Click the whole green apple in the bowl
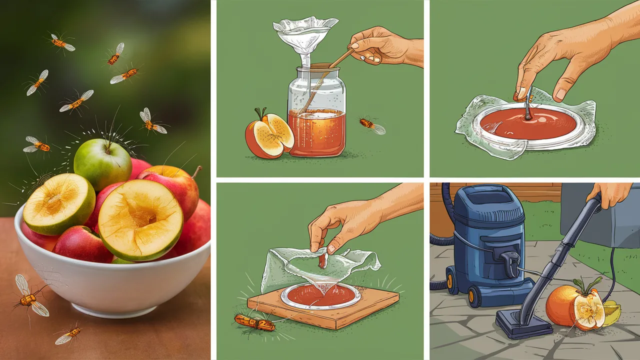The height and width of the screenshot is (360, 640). coord(102,164)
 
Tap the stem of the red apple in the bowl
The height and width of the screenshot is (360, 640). coord(196,172)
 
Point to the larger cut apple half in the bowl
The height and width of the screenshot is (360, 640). coord(140,219)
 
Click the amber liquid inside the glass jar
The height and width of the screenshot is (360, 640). coord(316,131)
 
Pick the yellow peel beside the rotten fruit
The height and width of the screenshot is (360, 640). coord(612,313)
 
